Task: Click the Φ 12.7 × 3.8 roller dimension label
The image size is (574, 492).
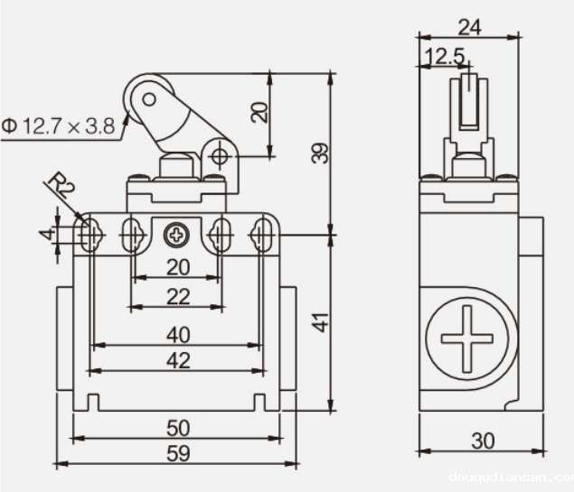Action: tap(59, 126)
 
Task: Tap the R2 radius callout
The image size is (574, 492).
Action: tap(61, 187)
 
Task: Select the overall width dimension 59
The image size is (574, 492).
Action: tap(179, 453)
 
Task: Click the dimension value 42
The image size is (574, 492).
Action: tap(179, 360)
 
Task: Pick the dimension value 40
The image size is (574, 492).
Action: tap(178, 334)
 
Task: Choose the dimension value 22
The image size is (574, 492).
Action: tap(178, 296)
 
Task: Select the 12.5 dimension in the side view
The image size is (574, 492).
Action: tap(443, 56)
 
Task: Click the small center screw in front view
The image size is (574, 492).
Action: tap(175, 236)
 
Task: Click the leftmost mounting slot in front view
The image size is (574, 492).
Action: tap(89, 235)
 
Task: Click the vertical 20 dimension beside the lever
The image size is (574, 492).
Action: tap(260, 111)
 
